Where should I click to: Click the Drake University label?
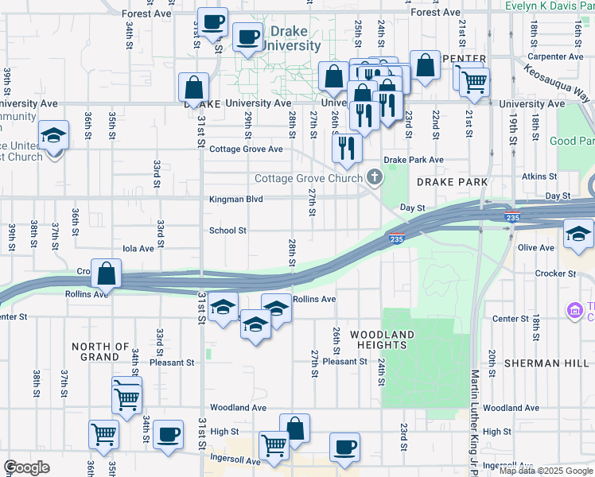pos(295,39)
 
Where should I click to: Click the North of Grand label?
pos(100,351)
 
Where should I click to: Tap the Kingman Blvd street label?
pos(235,200)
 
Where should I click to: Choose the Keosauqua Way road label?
pos(558,81)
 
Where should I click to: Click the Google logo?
pos(27,467)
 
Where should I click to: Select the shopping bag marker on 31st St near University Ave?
pos(194,89)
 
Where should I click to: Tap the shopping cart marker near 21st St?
pos(474,81)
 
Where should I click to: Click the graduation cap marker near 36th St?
pos(54,136)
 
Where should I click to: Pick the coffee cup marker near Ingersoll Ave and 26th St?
pos(344,448)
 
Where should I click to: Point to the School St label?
pos(227,231)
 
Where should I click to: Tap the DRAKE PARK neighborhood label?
pos(451,182)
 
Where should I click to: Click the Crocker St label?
pos(556,273)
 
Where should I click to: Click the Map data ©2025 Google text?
pos(546,471)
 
